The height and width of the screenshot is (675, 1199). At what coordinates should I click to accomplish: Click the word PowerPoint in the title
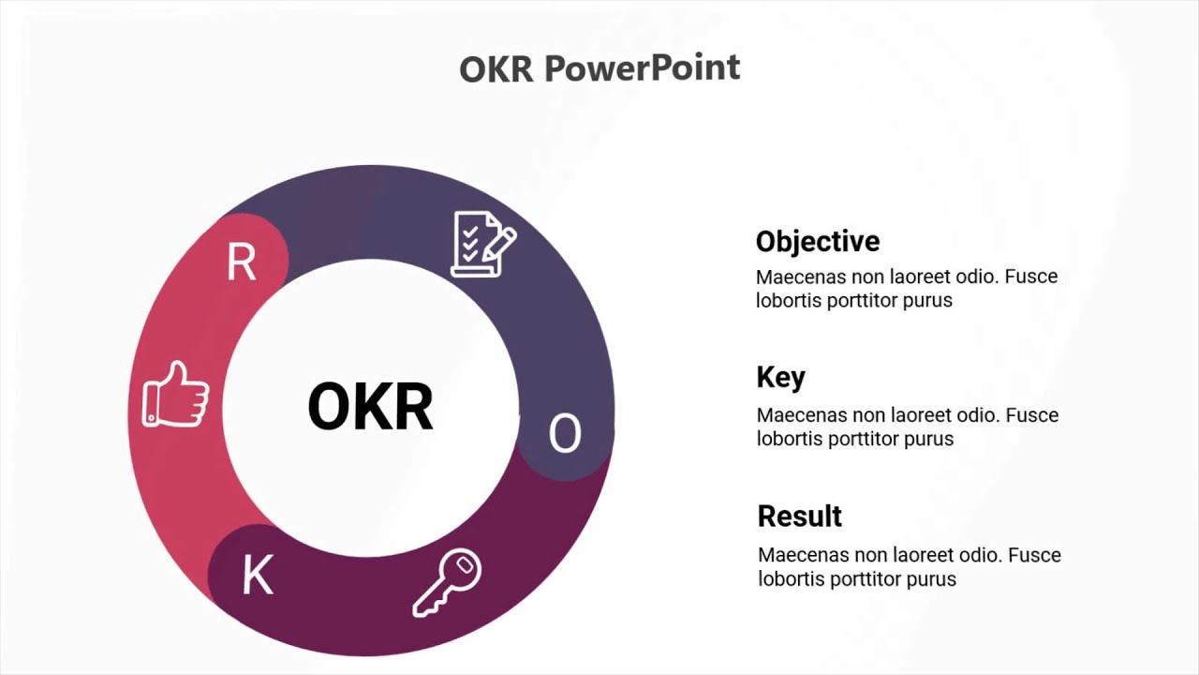[x=642, y=68]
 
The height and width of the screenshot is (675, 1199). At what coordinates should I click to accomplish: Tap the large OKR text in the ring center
[x=370, y=407]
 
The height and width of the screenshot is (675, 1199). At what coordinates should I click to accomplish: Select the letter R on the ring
[x=241, y=263]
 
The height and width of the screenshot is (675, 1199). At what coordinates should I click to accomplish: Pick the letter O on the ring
[x=564, y=434]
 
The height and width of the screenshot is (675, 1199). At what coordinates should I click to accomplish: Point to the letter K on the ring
[x=258, y=576]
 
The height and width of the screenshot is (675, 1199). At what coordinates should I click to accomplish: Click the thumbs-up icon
[x=175, y=395]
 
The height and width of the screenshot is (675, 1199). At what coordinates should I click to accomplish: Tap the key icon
[x=447, y=583]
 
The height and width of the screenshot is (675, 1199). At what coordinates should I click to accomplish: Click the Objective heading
[x=818, y=242]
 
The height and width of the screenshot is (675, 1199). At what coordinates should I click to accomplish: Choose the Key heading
[x=780, y=378]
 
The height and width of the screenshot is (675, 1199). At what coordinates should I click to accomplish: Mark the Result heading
[x=799, y=517]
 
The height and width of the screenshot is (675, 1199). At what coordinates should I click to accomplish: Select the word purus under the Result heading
[x=931, y=579]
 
